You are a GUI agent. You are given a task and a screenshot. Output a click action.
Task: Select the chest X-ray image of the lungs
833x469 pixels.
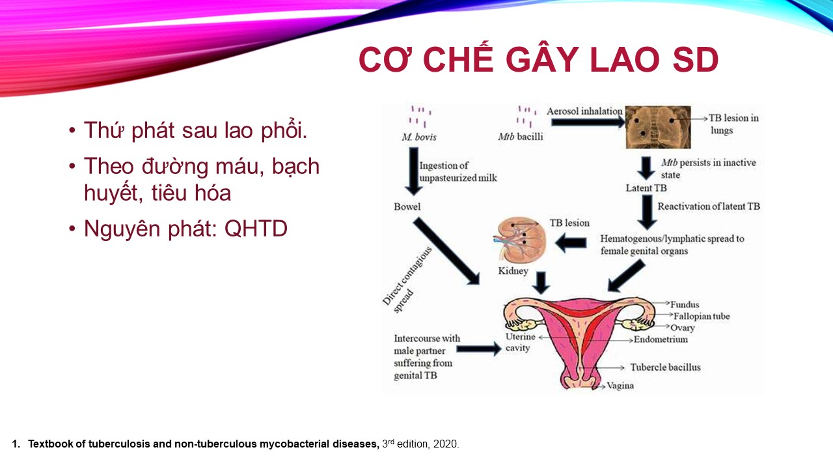click(x=658, y=127)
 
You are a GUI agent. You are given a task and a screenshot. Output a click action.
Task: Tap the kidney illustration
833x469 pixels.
click(x=521, y=240)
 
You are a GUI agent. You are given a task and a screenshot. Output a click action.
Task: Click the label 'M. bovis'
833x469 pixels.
click(x=418, y=137)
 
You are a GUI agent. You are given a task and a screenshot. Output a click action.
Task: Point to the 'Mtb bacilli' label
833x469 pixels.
click(x=520, y=137)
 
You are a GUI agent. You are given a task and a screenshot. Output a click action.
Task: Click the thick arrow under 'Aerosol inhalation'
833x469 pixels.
click(x=588, y=122)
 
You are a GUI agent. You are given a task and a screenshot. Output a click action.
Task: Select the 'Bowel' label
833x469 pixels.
click(x=407, y=206)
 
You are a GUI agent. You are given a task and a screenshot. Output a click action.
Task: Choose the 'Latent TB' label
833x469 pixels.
click(x=646, y=188)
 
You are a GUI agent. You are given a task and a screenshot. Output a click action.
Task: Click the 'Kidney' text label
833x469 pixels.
click(x=513, y=271)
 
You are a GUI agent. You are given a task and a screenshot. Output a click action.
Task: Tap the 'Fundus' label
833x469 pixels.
click(x=685, y=304)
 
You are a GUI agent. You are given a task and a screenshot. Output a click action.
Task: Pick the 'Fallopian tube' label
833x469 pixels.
click(x=702, y=317)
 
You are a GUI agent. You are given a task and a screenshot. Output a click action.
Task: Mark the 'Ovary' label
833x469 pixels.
click(x=683, y=328)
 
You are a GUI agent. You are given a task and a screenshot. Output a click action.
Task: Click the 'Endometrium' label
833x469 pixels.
click(x=661, y=339)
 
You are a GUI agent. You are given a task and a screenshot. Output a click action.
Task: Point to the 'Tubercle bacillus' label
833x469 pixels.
click(x=665, y=367)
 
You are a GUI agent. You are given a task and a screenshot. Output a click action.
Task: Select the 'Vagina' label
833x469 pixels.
click(x=620, y=386)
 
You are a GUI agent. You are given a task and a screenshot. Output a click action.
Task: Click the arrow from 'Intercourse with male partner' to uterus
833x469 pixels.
click(x=479, y=348)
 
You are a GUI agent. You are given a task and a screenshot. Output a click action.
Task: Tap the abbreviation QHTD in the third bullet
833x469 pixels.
click(x=256, y=229)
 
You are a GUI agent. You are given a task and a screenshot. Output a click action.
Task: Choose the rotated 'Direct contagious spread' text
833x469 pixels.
click(x=407, y=279)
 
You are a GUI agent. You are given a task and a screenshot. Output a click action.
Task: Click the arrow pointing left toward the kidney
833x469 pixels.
click(x=571, y=243)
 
